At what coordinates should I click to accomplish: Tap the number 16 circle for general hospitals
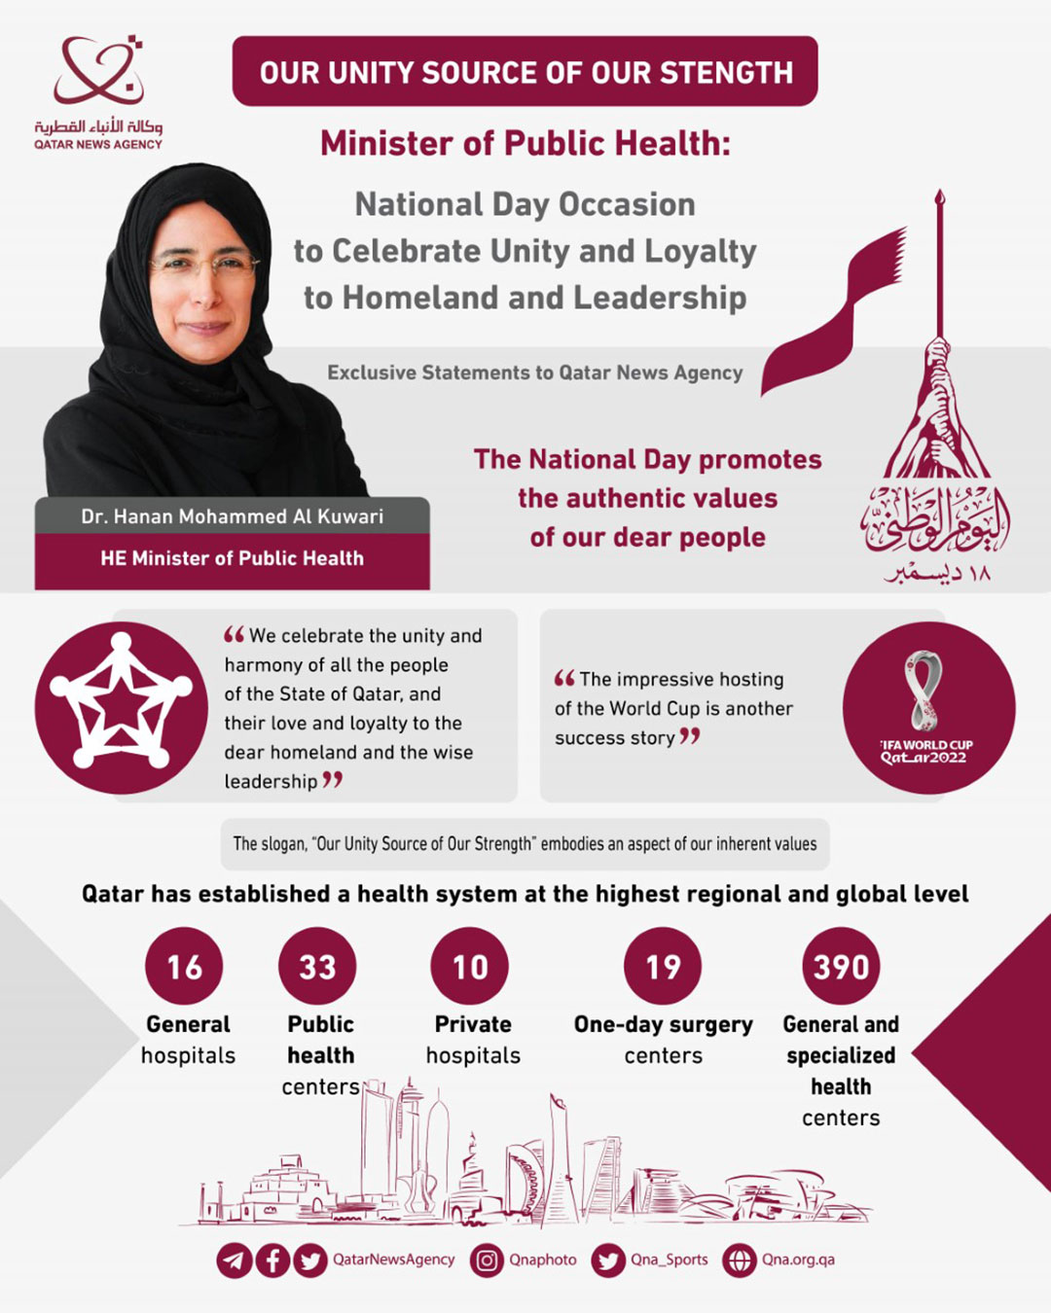point(184,966)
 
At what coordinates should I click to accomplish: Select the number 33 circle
point(317,966)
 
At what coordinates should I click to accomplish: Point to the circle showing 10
point(470,966)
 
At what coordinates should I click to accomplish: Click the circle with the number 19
point(663,966)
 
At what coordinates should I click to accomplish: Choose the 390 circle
point(841,966)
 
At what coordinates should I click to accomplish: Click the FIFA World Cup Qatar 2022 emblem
point(927,708)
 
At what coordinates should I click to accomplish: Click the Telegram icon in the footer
point(234,1260)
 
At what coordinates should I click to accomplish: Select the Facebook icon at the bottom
point(272,1260)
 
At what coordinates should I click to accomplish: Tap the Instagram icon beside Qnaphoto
point(487,1260)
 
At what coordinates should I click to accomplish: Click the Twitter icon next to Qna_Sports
point(608,1260)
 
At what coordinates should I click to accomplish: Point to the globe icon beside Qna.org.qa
point(740,1260)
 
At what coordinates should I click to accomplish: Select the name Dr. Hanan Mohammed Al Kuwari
point(232,516)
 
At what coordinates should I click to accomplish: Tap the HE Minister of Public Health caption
point(232,558)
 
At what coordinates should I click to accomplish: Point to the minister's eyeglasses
point(204,264)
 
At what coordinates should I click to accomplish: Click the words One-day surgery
point(663,1024)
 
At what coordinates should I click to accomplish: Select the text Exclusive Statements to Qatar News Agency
point(534,373)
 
